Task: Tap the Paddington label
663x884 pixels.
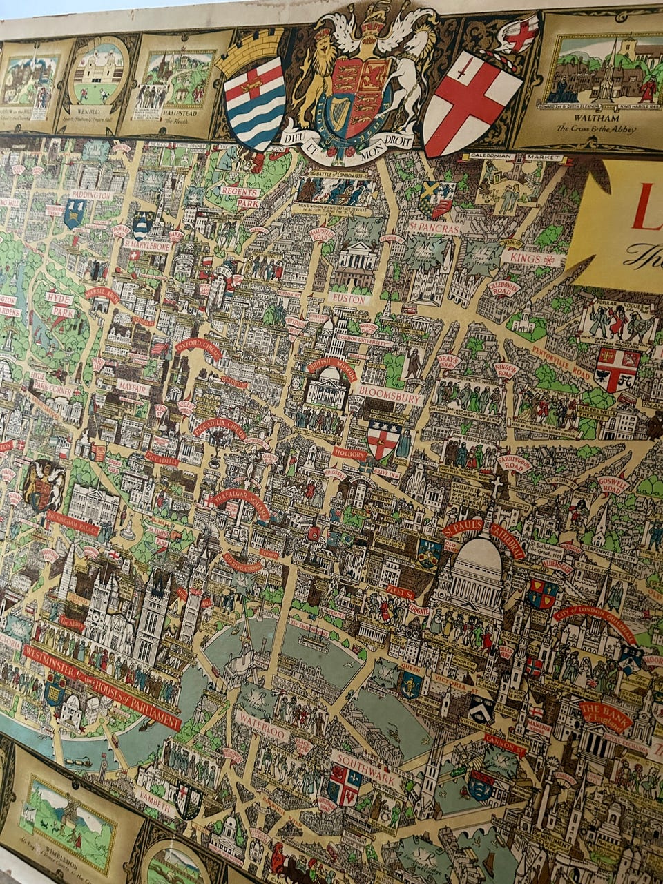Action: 90,195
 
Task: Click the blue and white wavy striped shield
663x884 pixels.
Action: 255,104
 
